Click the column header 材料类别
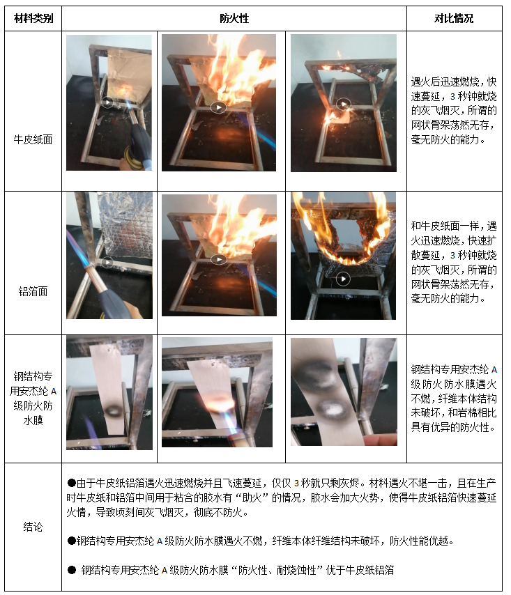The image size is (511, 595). coord(33,18)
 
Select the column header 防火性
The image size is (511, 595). coord(234,18)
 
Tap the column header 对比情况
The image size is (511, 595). coord(454,18)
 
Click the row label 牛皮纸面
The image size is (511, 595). coord(33,139)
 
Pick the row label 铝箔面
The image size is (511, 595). coord(33,291)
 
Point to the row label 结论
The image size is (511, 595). coord(33,527)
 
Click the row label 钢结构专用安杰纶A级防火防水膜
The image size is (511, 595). coord(33,398)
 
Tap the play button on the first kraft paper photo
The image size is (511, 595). coord(107,102)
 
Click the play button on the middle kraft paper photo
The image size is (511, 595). coord(219,107)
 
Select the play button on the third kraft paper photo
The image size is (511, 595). coord(344,104)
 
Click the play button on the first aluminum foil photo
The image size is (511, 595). coord(107,262)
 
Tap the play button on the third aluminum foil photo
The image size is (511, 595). coord(343,279)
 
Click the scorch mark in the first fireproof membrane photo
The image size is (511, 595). coord(112,410)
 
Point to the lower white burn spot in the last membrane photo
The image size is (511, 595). coord(331,409)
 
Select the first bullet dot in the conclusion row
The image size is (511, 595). coord(71,483)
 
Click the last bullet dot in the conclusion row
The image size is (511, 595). coord(71,570)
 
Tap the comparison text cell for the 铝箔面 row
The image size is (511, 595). coord(454,262)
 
